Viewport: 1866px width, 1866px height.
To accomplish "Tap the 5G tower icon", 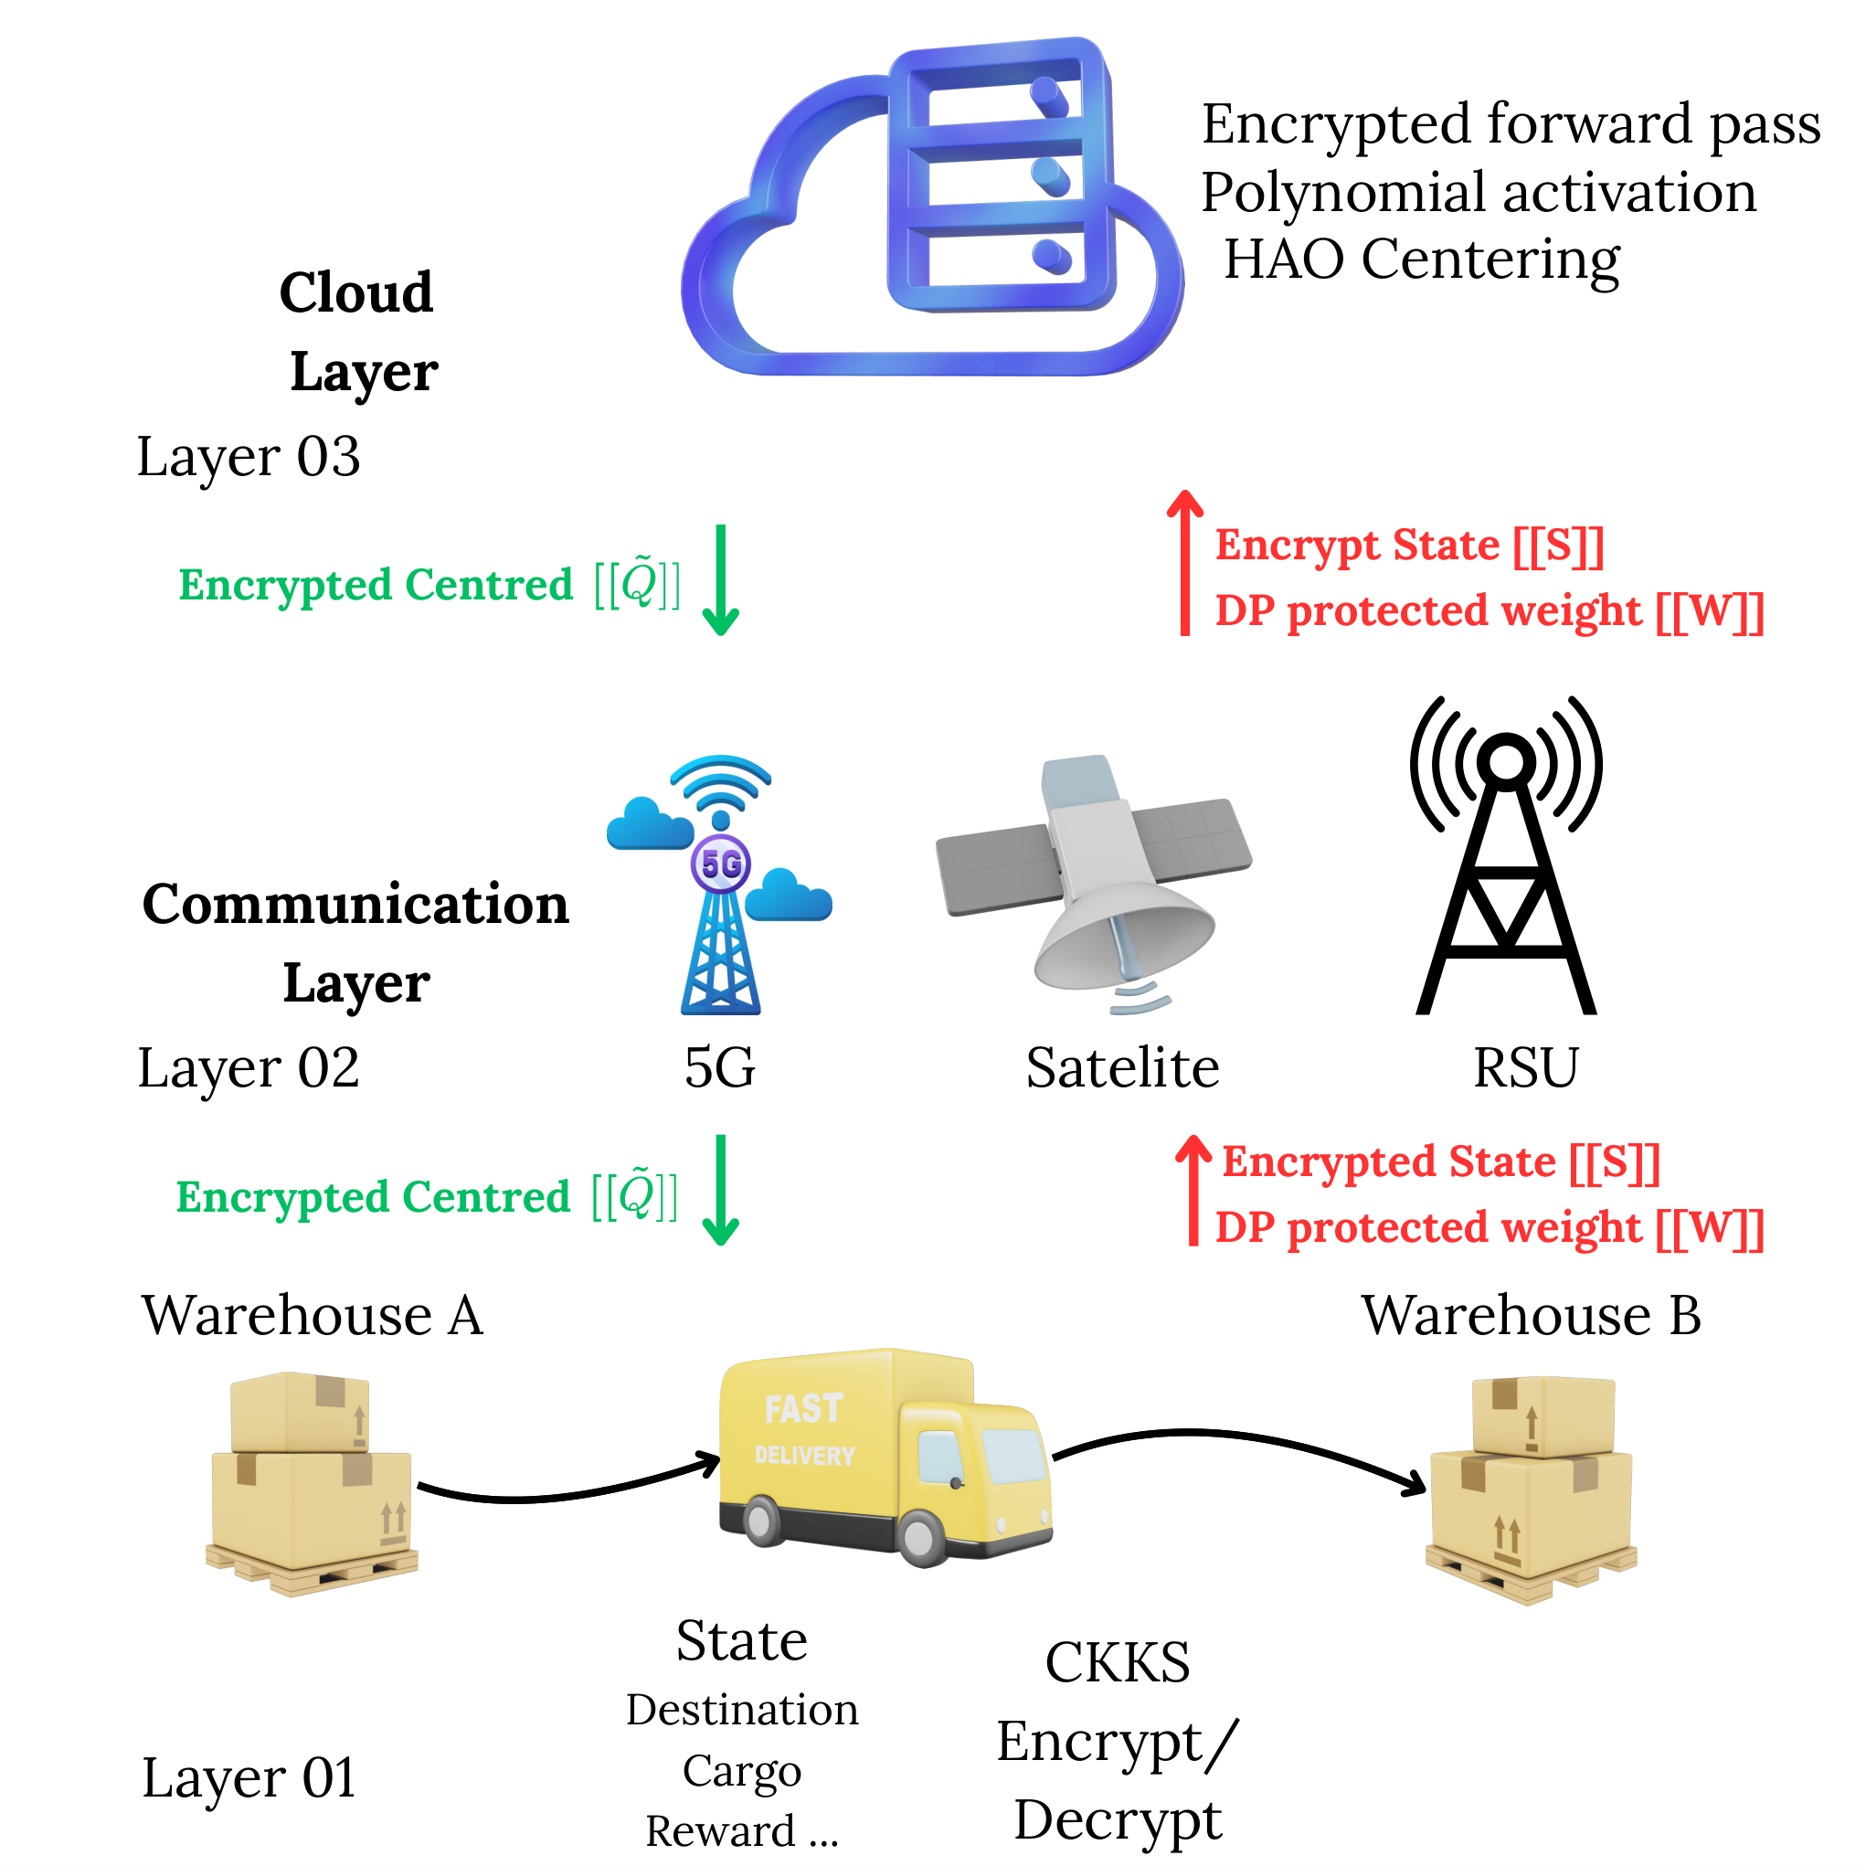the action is pyautogui.click(x=719, y=885).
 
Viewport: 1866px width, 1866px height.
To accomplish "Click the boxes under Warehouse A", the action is pyautogui.click(x=312, y=1483).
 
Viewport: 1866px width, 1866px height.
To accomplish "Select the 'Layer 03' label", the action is pyautogui.click(x=249, y=457).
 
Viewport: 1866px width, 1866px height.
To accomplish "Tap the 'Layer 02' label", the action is pyautogui.click(x=249, y=1068).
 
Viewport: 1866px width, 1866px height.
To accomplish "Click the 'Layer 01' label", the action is pyautogui.click(x=249, y=1778).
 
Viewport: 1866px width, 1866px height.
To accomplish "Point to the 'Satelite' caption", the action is pyautogui.click(x=1122, y=1067).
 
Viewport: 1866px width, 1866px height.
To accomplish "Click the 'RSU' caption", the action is pyautogui.click(x=1525, y=1067).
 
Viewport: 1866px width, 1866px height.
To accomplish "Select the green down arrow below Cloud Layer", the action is pyautogui.click(x=720, y=579).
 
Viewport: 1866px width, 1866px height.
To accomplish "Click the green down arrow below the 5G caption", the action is pyautogui.click(x=720, y=1190).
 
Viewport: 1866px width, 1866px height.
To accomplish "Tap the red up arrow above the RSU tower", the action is pyautogui.click(x=1185, y=563).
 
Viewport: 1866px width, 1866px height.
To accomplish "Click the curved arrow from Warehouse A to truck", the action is pyautogui.click(x=570, y=1496).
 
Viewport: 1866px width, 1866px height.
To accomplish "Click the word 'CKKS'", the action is pyautogui.click(x=1118, y=1662).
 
